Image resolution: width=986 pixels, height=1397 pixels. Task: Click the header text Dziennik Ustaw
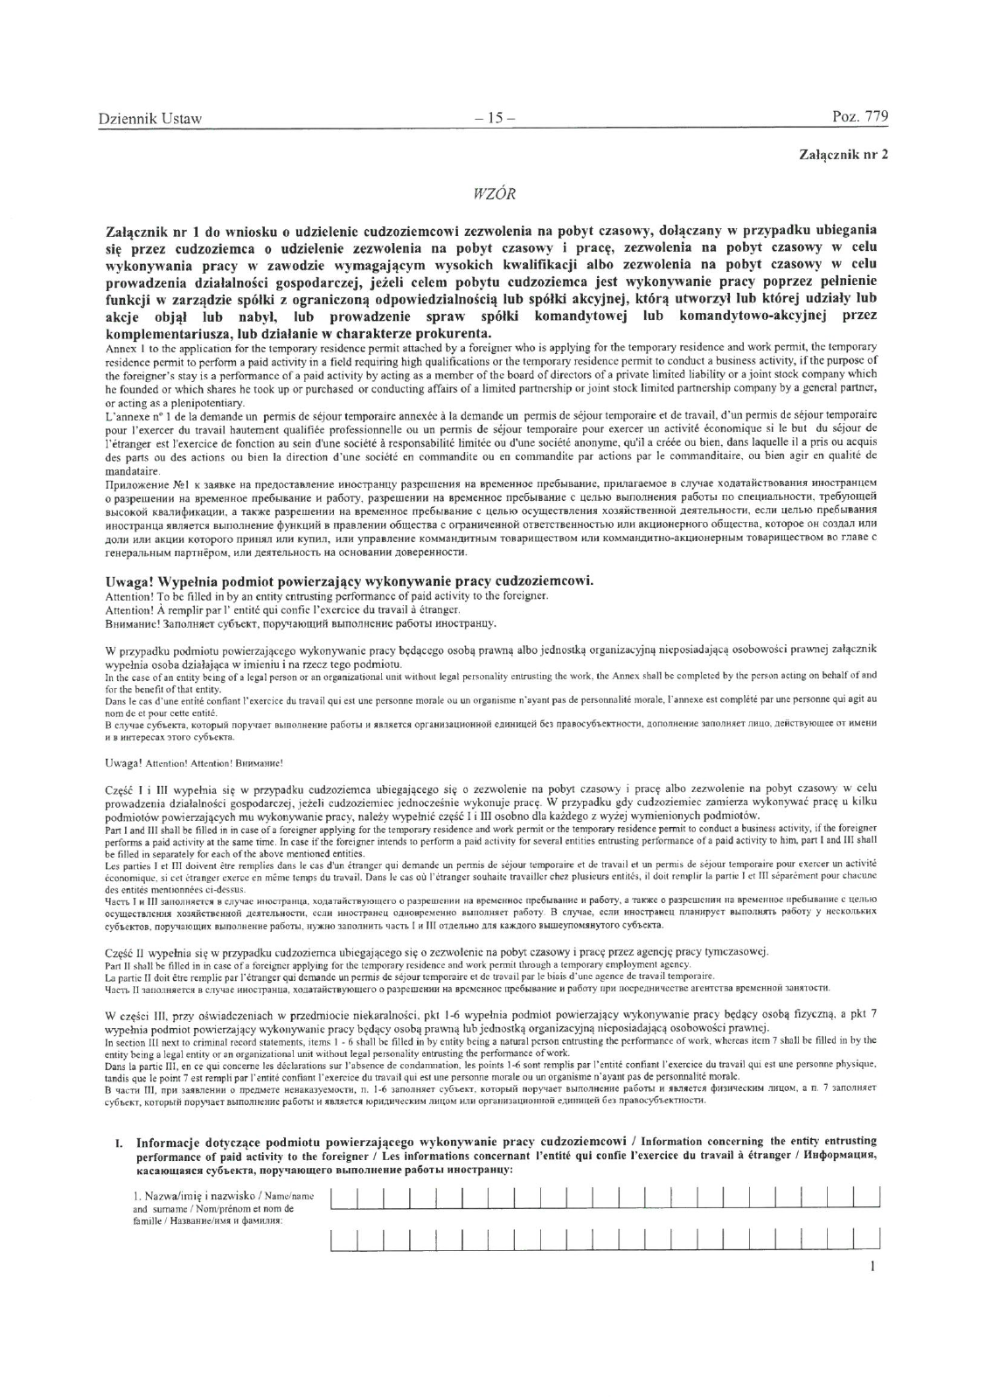tap(149, 118)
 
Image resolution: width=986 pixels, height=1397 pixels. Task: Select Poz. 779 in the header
tap(859, 118)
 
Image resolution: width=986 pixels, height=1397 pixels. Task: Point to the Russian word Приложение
tap(136, 484)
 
